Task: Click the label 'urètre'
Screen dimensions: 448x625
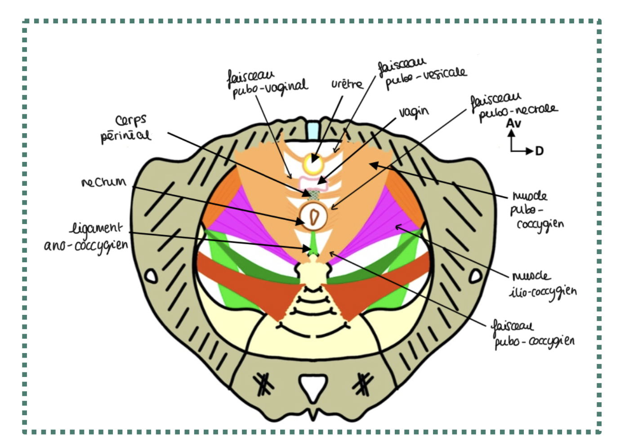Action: coord(347,84)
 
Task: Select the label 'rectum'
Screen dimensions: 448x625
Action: coord(103,182)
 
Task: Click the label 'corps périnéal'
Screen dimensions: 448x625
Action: coord(125,128)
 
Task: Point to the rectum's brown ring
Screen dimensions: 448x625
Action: coord(314,216)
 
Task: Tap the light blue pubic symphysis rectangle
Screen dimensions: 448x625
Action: coord(312,130)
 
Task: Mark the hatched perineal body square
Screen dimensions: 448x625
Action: coord(314,194)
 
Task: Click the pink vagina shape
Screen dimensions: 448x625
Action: coord(313,182)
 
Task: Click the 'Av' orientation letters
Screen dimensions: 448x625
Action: coord(513,123)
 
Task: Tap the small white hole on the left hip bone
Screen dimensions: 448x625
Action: coord(151,275)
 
